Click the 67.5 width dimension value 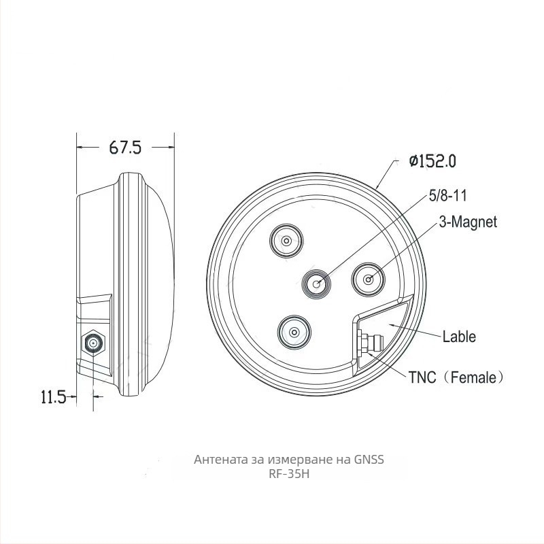125,148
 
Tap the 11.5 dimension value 54,396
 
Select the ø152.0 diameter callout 432,161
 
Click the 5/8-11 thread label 448,196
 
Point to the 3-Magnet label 468,222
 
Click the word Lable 459,337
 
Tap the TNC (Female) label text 456,377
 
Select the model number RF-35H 289,474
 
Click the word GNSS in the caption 369,460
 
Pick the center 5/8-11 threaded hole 316,284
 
